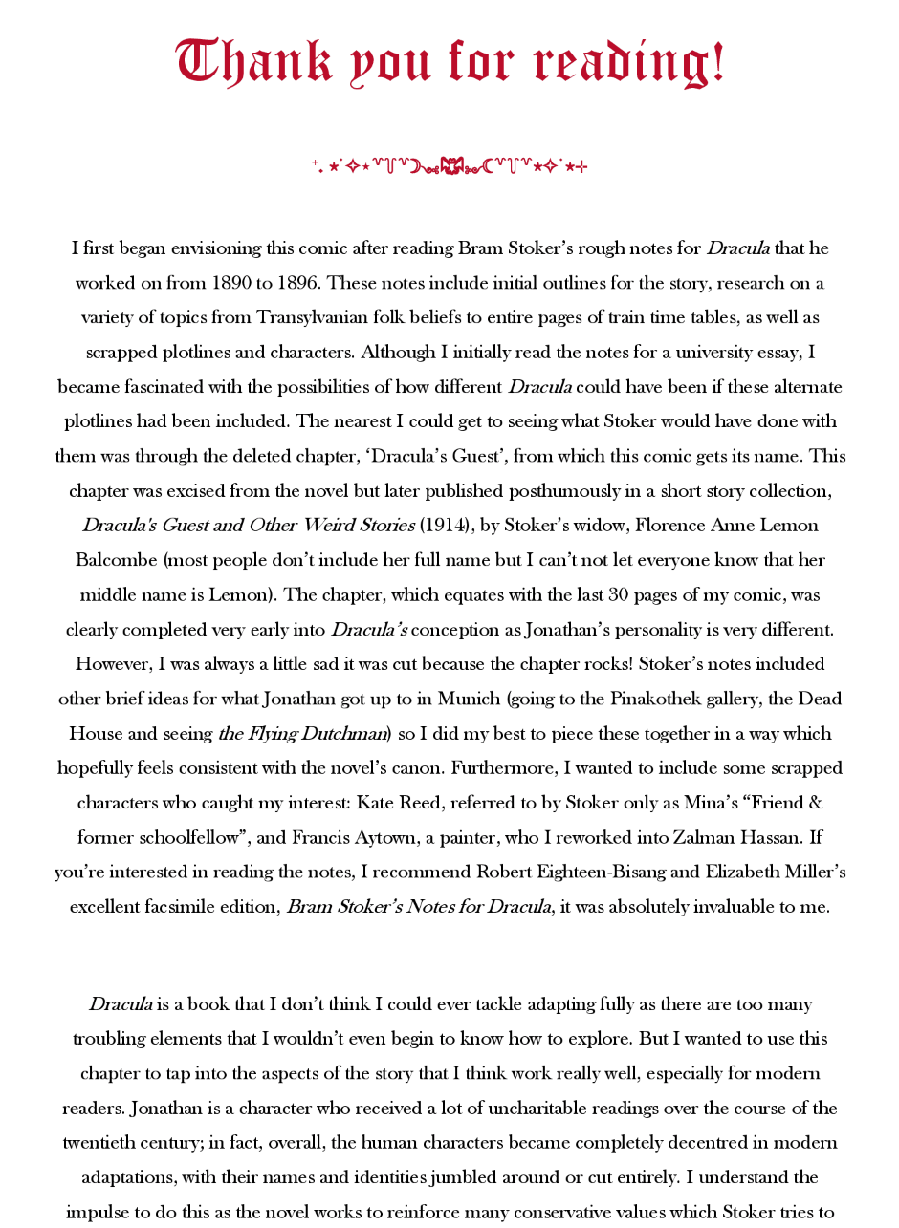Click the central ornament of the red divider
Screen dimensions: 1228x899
pos(449,167)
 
